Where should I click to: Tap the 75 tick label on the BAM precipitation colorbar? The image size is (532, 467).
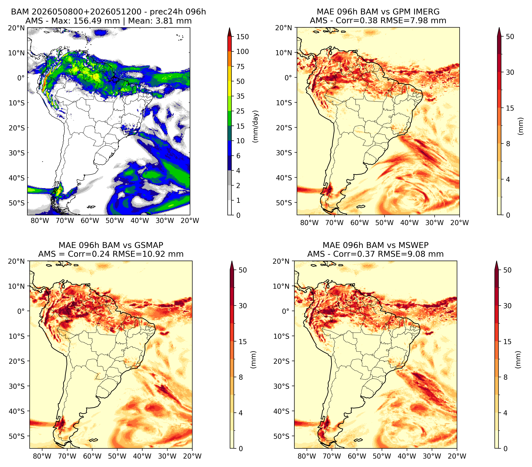[240, 67]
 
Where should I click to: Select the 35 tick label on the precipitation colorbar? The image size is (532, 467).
[240, 96]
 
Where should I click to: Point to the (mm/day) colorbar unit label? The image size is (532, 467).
[256, 126]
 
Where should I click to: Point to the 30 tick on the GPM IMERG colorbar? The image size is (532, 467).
[510, 72]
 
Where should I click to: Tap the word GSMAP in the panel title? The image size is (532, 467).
[149, 245]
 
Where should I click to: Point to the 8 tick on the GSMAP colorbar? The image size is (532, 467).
[241, 377]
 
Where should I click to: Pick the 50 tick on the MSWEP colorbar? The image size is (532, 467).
[507, 270]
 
